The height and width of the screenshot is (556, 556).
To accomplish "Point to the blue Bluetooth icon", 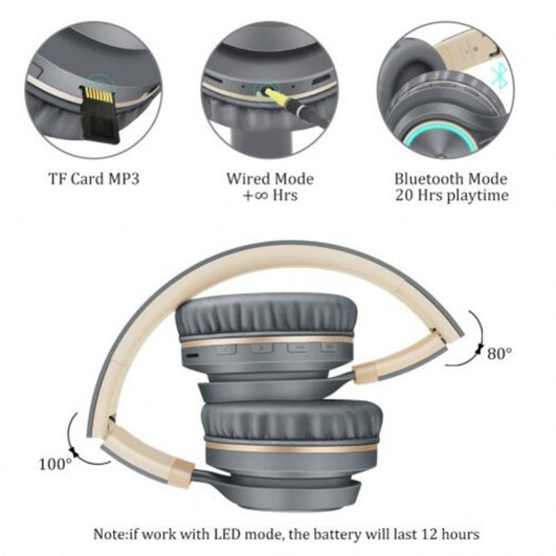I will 499,77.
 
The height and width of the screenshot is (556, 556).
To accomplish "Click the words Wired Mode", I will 271,179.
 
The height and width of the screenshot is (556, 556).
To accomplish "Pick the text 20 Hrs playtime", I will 451,196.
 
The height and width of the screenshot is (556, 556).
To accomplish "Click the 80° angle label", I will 499,352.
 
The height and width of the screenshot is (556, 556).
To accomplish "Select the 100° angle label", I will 56,462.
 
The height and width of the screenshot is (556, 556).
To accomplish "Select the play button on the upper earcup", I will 262,349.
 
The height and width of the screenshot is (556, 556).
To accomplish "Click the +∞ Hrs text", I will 270,196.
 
